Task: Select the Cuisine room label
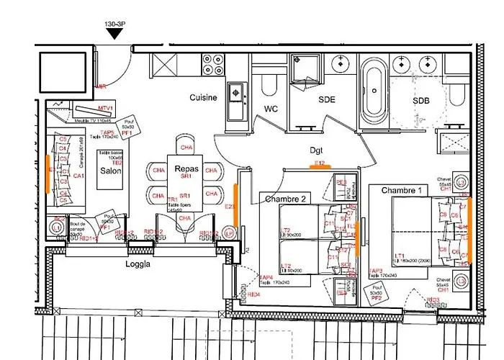coord(203,97)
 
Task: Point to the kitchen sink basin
coord(235,91)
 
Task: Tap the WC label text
coord(271,109)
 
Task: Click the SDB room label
coord(421,101)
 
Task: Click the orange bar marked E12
coord(320,166)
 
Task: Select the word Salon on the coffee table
coord(110,172)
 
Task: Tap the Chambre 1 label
coord(401,190)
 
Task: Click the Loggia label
coord(138,264)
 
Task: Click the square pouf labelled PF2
coord(375,294)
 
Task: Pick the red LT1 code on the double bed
coord(399,255)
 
